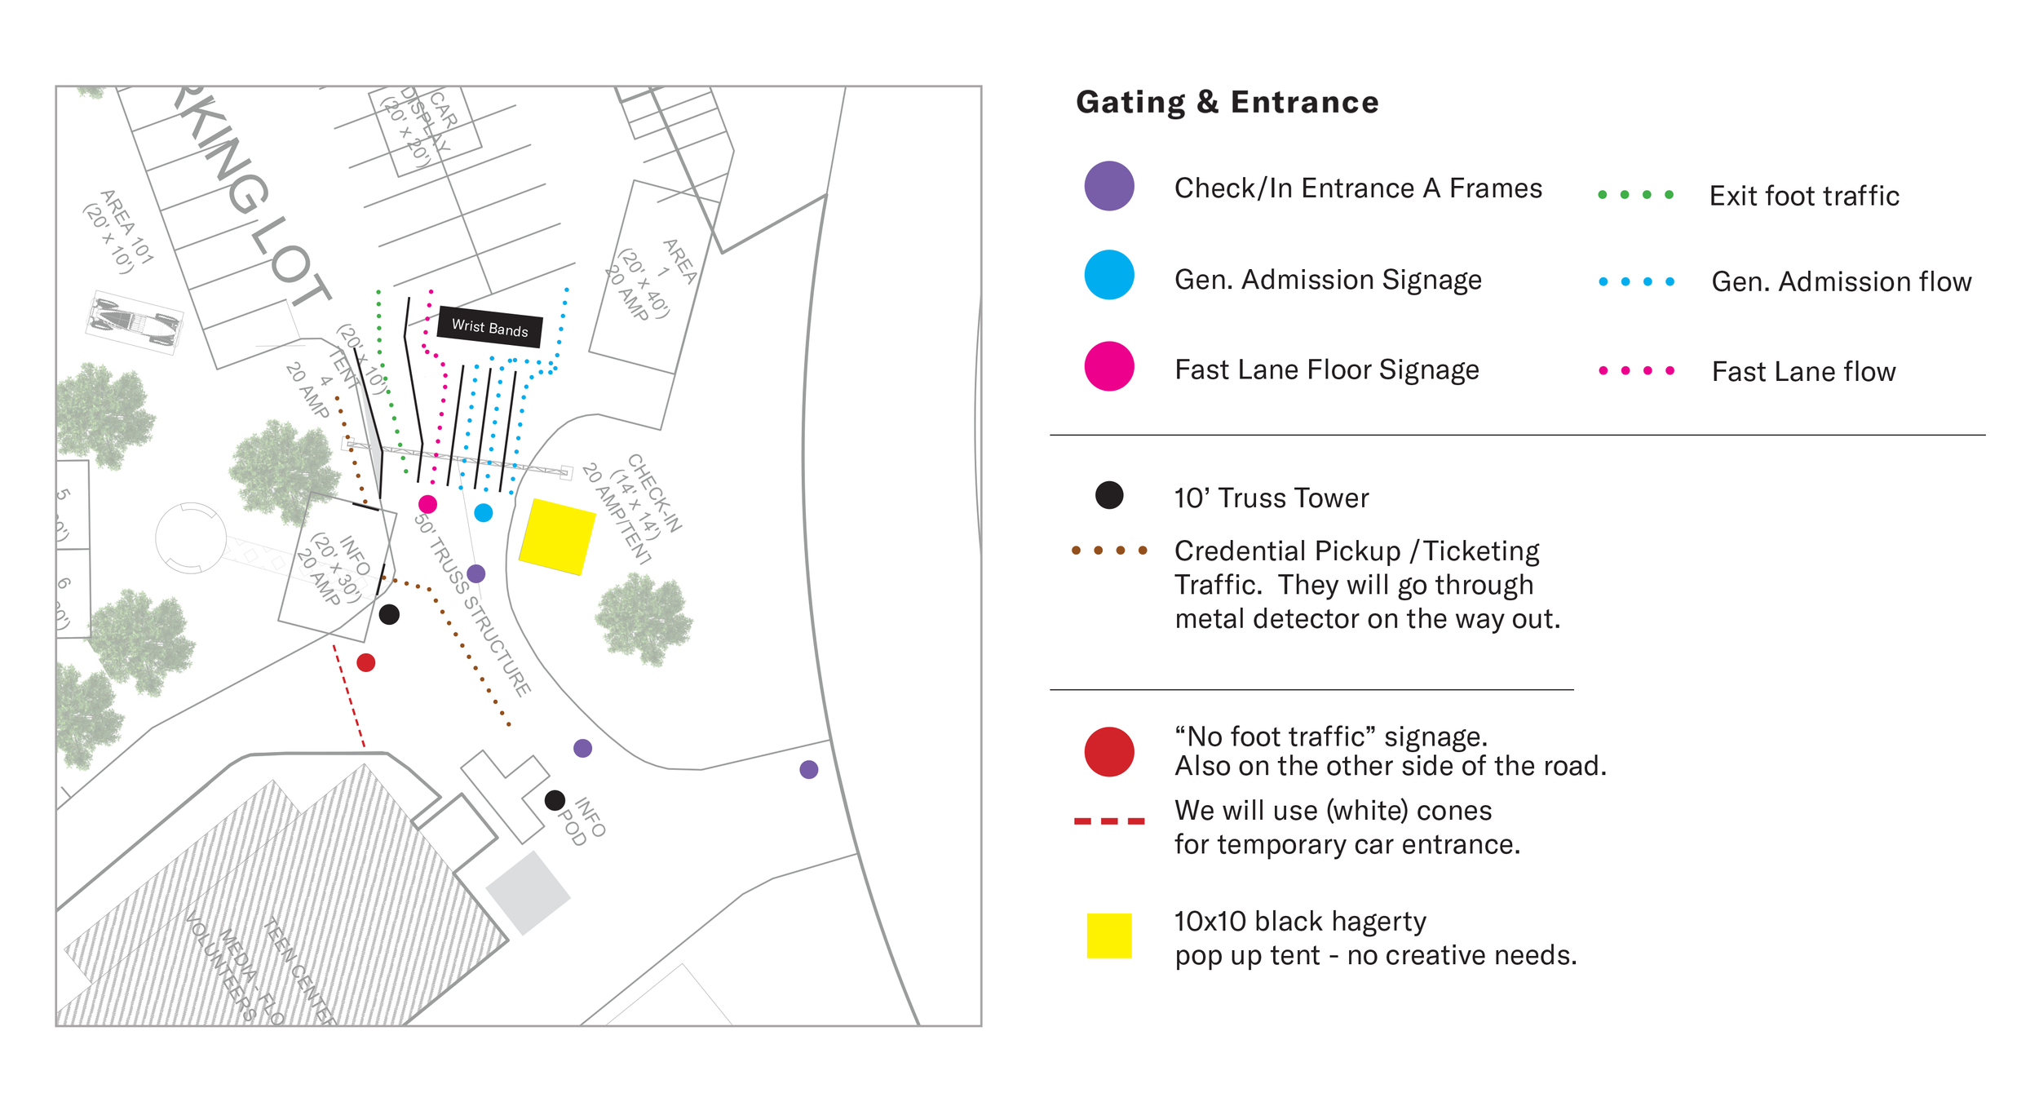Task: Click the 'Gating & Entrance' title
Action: [x=1227, y=103]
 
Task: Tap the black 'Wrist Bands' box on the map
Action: [x=490, y=327]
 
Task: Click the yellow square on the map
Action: [x=557, y=537]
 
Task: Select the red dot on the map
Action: [x=366, y=662]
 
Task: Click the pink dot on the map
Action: [x=427, y=504]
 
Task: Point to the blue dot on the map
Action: [x=484, y=512]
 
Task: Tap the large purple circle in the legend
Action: [x=1108, y=186]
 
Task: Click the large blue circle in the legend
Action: [x=1108, y=275]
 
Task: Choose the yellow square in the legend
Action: [x=1108, y=936]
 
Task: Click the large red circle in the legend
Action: [x=1108, y=751]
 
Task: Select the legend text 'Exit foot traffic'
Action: [x=1803, y=197]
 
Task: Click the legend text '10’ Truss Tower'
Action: [x=1271, y=498]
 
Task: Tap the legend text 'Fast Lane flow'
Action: [x=1803, y=372]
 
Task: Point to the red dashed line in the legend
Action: [x=1108, y=821]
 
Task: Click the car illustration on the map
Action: [x=135, y=323]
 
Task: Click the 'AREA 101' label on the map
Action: [x=119, y=232]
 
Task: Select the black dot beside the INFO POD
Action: [x=555, y=800]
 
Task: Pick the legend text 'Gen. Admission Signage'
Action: [x=1327, y=280]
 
